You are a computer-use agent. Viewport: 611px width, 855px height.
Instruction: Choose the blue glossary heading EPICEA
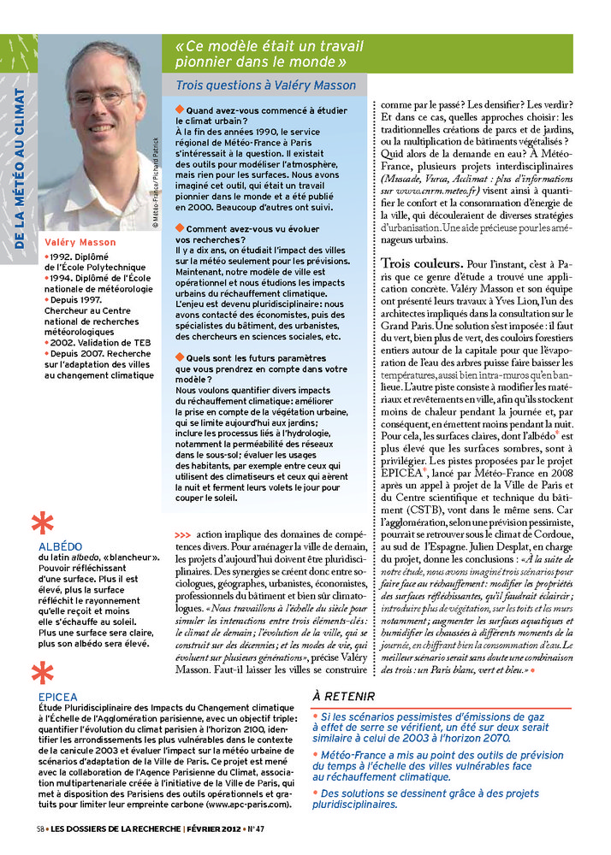pyautogui.click(x=57, y=697)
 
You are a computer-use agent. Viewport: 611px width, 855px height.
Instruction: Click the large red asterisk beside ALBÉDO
pyautogui.click(x=42, y=523)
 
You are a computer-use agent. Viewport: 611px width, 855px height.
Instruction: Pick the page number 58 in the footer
pyautogui.click(x=40, y=828)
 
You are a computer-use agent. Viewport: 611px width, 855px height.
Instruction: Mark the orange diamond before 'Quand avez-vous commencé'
pyautogui.click(x=179, y=110)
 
